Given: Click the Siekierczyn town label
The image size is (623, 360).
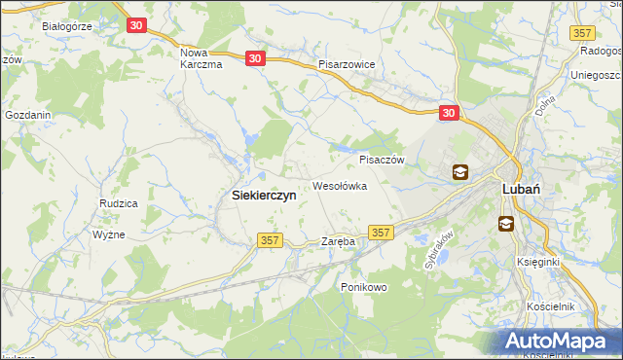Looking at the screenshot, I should (264, 195).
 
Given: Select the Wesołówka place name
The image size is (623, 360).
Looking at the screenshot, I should (339, 185).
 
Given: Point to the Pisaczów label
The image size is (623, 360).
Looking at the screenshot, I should (382, 160).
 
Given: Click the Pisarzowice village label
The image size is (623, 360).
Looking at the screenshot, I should (353, 63).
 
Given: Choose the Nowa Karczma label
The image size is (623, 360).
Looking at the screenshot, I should (202, 57).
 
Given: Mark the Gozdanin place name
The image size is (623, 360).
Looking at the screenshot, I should (27, 114).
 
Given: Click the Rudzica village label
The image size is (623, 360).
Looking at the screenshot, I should (118, 202).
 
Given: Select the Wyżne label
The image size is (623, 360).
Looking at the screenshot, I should (109, 234).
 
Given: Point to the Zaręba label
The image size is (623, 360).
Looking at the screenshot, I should (338, 240).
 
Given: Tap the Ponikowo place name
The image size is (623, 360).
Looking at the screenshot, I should (364, 287).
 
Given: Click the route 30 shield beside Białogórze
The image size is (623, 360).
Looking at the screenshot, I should (136, 25).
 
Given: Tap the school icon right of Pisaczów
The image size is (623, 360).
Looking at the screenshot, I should (459, 173).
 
